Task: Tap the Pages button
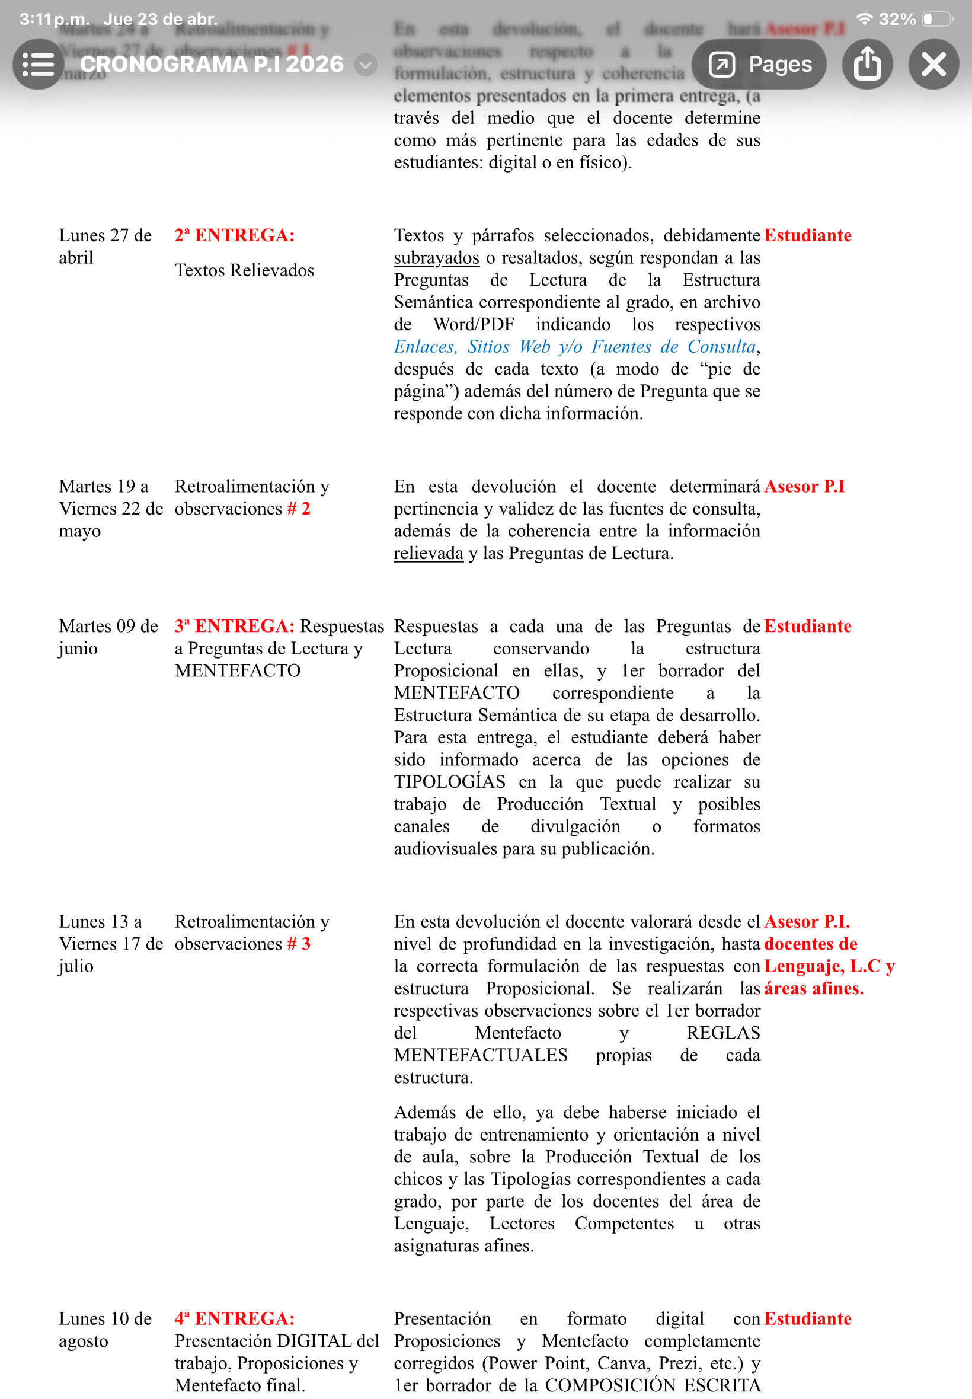pos(758,64)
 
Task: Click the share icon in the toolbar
pos(867,64)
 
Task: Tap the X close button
pos(932,64)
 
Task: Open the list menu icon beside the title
pos(38,64)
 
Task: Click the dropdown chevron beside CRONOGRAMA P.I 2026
pos(365,65)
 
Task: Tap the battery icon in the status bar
pos(937,20)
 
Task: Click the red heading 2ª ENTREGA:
pos(235,236)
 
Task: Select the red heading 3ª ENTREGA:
pos(235,626)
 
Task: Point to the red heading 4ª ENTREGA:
pos(235,1318)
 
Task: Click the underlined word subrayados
pos(436,258)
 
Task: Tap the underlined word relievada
pos(428,554)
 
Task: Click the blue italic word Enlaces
pos(424,347)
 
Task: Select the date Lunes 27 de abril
pos(105,246)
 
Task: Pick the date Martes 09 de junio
pos(108,637)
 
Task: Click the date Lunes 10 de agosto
pos(105,1330)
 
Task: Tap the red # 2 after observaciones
pos(299,509)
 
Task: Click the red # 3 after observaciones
pos(299,944)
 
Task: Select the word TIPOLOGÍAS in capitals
pos(449,782)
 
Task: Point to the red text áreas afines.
pos(814,989)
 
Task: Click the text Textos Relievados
pos(244,270)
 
